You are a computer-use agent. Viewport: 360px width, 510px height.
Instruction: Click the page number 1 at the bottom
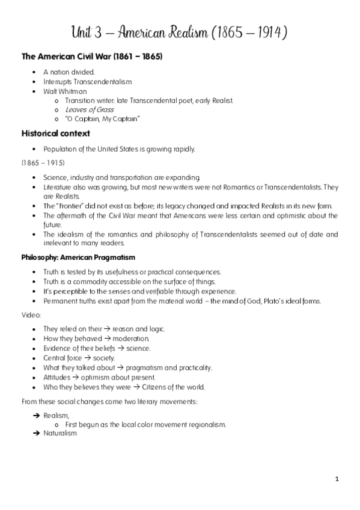[x=338, y=479]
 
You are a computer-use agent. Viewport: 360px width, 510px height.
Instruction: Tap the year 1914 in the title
[x=267, y=32]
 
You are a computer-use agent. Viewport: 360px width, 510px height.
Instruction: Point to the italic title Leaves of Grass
[x=89, y=110]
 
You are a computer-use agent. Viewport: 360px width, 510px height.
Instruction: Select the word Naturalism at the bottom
[x=60, y=433]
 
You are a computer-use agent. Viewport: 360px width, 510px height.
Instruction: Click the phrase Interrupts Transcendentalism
[x=87, y=82]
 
